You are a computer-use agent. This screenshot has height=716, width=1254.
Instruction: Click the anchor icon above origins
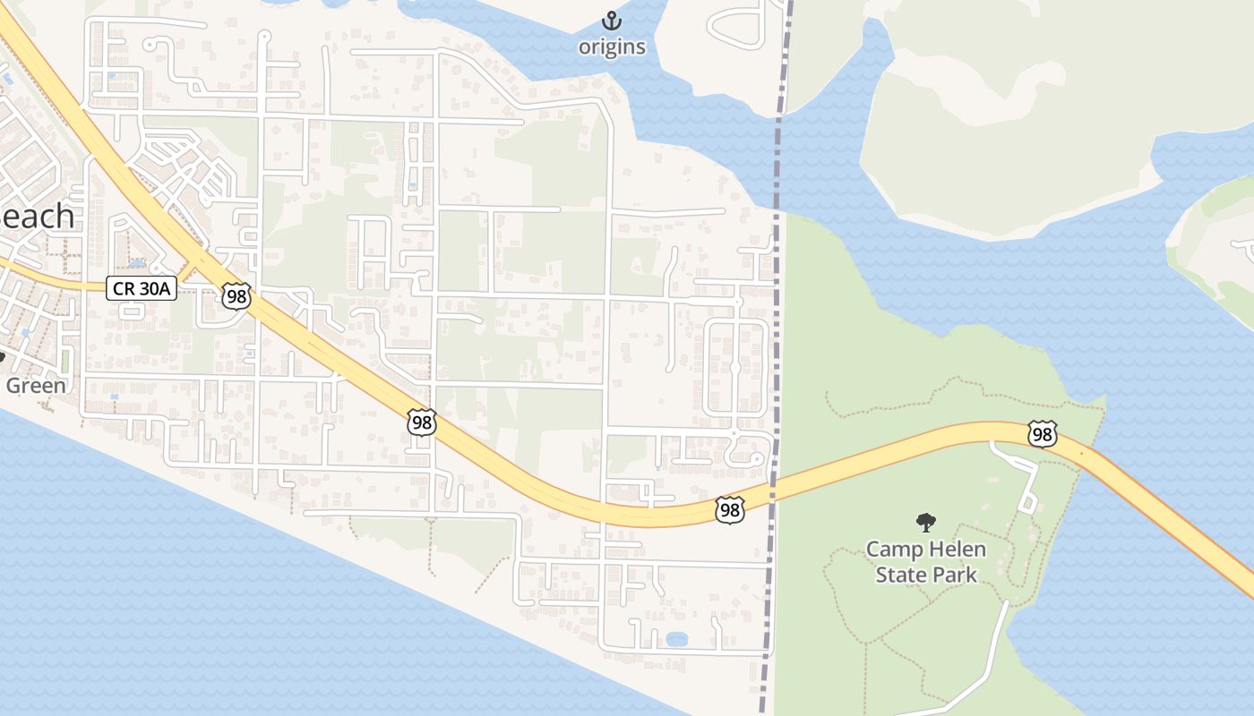pos(612,21)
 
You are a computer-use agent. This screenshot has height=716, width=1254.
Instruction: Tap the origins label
pos(612,47)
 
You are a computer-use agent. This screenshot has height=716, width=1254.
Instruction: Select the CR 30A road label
pos(142,288)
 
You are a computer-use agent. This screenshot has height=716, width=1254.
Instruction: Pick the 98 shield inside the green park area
pos(1042,435)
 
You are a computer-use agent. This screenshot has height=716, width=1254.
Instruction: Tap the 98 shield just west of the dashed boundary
pos(730,510)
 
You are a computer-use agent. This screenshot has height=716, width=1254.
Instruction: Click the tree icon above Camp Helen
pos(926,523)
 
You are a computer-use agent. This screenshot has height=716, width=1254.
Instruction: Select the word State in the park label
pos(899,575)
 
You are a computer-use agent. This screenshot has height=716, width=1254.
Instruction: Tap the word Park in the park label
pos(954,575)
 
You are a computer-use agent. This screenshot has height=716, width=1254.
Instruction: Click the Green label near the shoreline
pos(36,386)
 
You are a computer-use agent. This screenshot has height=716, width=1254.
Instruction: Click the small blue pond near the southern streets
pos(676,639)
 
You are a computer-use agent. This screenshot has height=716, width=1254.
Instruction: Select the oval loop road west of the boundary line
pos(735,368)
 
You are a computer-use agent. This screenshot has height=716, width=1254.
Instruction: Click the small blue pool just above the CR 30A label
pos(136,264)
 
